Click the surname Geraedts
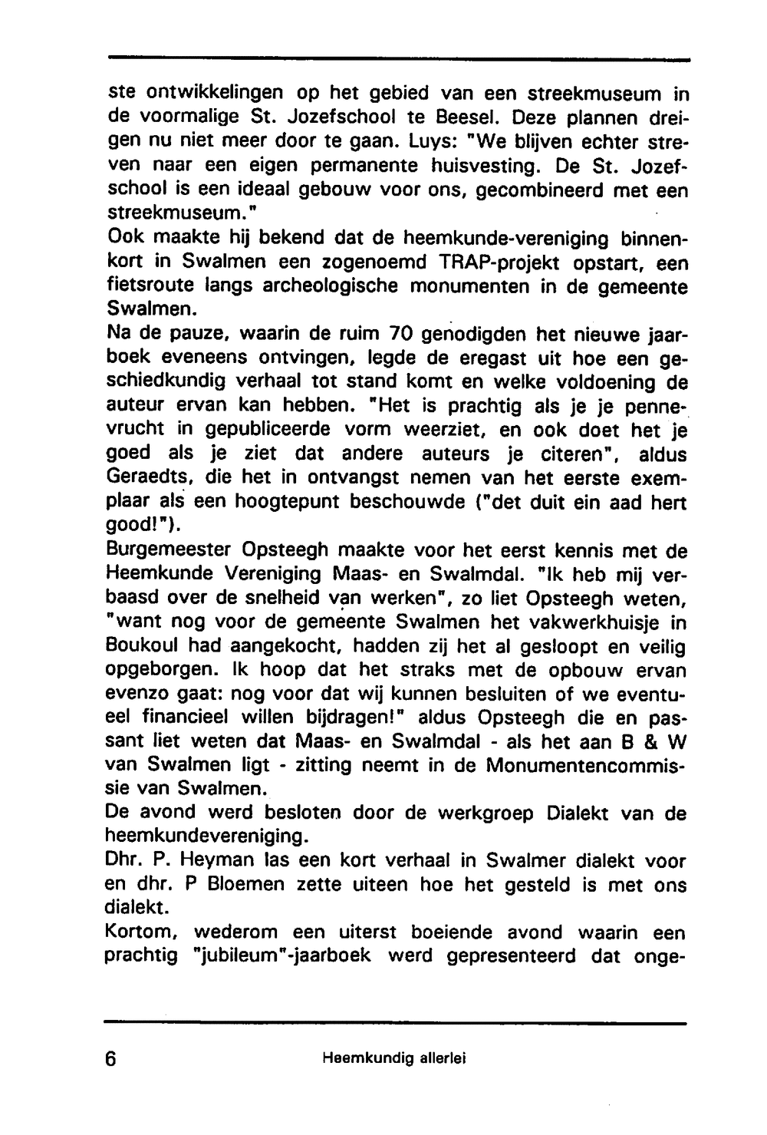click(143, 478)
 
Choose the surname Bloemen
click(228, 884)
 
